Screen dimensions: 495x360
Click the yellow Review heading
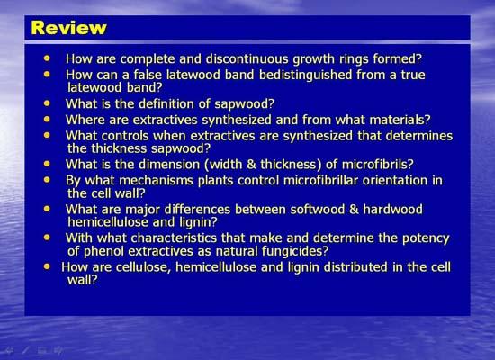click(x=68, y=28)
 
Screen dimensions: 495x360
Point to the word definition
click(x=166, y=103)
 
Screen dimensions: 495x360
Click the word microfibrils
click(x=377, y=165)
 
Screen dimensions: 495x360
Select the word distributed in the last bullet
click(x=355, y=267)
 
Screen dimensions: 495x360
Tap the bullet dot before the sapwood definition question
click(x=47, y=103)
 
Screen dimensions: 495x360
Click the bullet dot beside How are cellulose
click(x=47, y=266)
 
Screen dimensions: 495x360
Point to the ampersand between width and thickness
click(x=252, y=165)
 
